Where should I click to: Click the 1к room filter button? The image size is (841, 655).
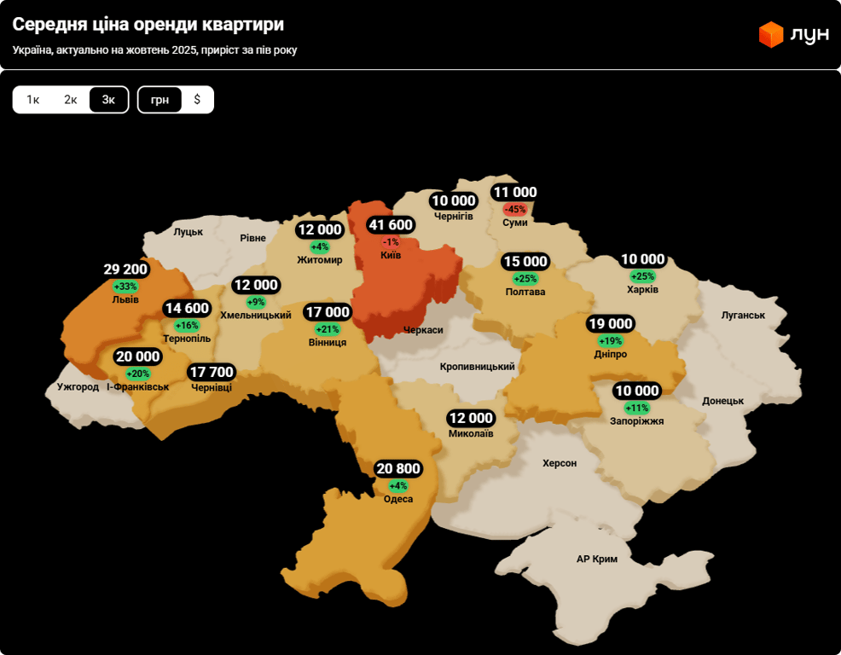[33, 100]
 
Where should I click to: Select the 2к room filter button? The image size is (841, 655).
[71, 100]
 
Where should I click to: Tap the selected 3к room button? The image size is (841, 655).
[108, 100]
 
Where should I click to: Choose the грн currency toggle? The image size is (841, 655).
[159, 100]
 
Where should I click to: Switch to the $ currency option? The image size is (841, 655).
[197, 100]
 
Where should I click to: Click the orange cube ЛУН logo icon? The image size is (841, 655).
[771, 35]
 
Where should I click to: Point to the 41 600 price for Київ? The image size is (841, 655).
[391, 225]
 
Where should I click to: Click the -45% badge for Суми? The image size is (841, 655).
[515, 209]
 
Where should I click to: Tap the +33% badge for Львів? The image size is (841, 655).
[125, 287]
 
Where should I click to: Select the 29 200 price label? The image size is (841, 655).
[126, 270]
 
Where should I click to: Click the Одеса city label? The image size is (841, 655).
[398, 499]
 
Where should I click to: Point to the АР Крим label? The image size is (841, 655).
[597, 559]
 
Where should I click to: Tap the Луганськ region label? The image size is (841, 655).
[743, 315]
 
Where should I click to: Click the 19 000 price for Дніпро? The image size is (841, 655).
[610, 324]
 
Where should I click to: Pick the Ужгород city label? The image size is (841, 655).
[78, 386]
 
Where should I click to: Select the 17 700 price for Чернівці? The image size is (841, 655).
[212, 372]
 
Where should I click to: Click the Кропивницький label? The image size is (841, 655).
[478, 367]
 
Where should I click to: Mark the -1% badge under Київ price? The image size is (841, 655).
[391, 242]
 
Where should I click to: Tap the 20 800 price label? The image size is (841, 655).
[397, 469]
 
